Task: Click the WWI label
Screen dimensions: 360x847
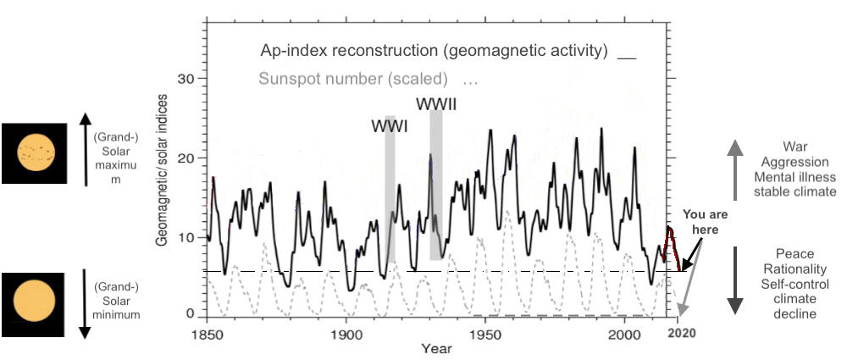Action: click(x=389, y=126)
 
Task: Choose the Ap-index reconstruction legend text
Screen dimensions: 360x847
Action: click(x=434, y=51)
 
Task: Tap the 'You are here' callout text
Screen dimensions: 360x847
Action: click(x=702, y=222)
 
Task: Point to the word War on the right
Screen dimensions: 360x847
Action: click(x=797, y=147)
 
